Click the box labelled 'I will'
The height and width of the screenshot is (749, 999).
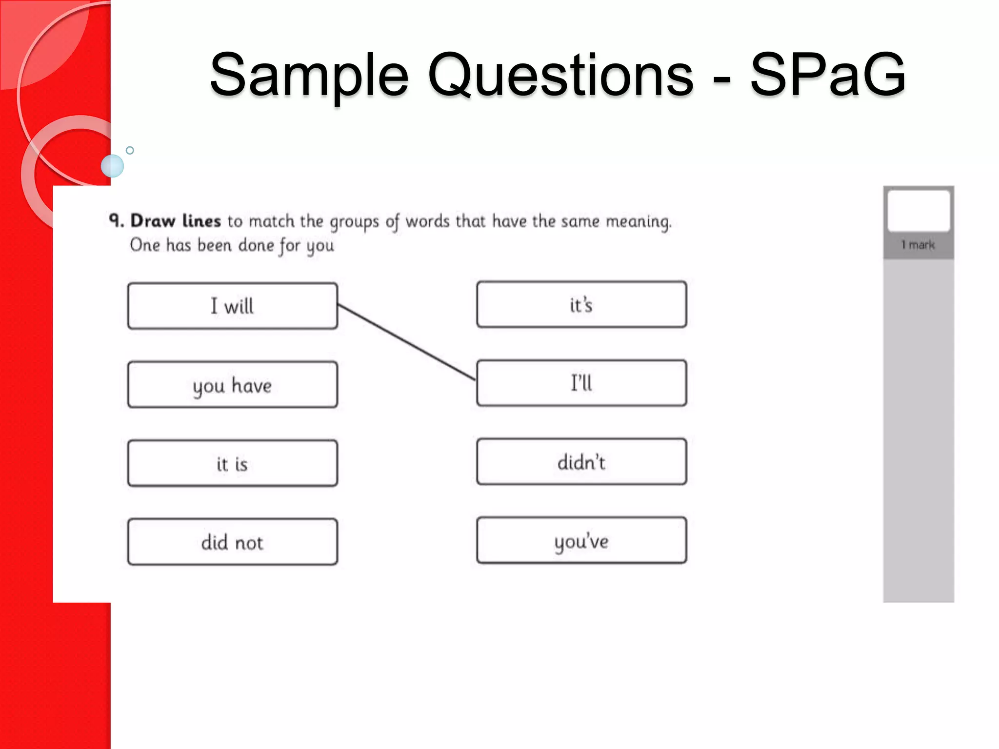(232, 306)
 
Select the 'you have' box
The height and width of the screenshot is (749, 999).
(232, 385)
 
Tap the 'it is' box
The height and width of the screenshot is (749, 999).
(232, 463)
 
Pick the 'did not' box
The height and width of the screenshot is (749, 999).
(232, 542)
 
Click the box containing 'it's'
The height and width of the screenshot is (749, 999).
(581, 305)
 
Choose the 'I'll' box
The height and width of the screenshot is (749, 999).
(581, 383)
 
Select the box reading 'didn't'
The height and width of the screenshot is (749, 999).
(581, 462)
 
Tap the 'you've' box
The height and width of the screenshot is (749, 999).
(581, 540)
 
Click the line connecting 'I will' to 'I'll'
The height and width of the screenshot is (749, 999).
(406, 342)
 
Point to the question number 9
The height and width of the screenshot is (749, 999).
(116, 220)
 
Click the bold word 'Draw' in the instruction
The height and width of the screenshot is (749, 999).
(153, 221)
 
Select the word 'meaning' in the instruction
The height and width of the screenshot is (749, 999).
(638, 222)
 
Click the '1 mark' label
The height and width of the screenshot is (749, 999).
(918, 245)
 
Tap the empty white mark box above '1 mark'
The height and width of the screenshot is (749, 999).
(919, 211)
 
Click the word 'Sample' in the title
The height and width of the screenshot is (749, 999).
(309, 76)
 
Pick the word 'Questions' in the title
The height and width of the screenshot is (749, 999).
(560, 76)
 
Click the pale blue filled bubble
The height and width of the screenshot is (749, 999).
(112, 166)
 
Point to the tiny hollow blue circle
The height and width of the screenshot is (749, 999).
(130, 150)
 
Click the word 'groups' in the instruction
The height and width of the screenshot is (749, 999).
(355, 222)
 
